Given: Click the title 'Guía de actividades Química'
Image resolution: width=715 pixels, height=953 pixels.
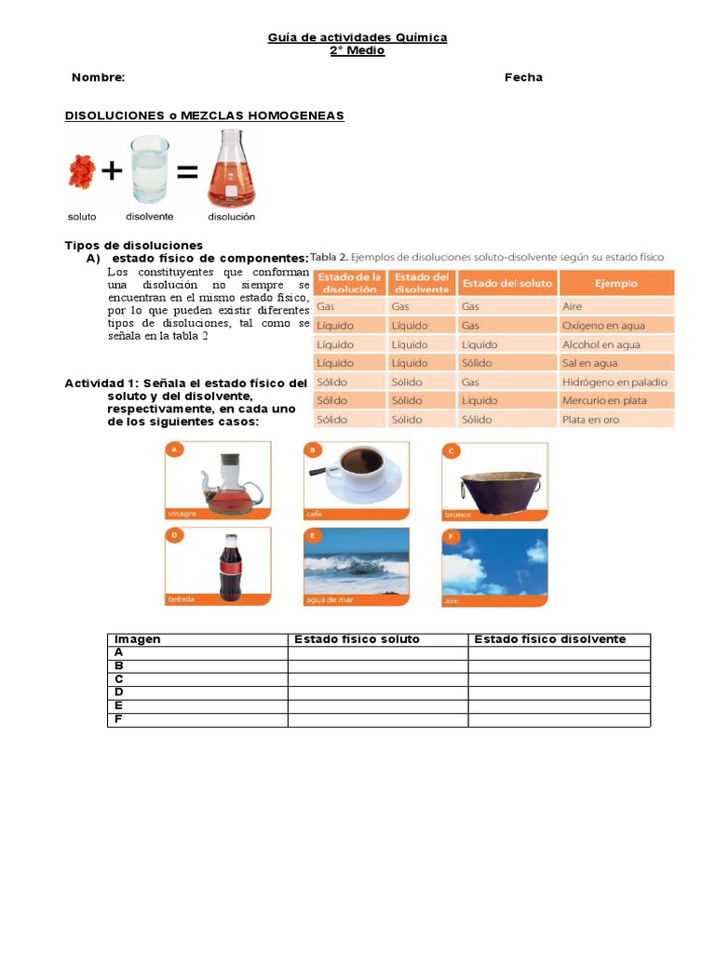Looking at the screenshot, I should click(x=357, y=37).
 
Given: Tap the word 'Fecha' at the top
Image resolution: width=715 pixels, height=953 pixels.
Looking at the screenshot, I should click(x=523, y=77).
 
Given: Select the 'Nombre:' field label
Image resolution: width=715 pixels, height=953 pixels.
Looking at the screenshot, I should click(x=98, y=77).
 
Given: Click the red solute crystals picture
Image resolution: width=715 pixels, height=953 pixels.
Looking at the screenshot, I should click(x=82, y=171).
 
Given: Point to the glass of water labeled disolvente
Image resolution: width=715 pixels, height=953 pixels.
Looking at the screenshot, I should click(x=150, y=169).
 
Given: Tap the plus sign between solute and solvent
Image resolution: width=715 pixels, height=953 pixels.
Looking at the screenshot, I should click(x=112, y=171).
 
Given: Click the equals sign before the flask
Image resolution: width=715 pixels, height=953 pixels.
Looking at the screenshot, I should click(x=187, y=172).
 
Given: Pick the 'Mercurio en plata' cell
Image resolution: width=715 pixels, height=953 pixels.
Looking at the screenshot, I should click(x=603, y=400).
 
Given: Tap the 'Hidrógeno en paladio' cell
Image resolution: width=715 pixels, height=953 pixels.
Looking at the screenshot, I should click(x=614, y=382).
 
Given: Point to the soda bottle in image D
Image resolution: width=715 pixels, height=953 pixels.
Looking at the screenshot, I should click(x=230, y=567).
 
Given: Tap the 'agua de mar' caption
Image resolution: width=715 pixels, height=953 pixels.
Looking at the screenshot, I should click(x=330, y=600).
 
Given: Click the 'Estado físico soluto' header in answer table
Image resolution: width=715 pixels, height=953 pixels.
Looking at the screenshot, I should click(x=357, y=639).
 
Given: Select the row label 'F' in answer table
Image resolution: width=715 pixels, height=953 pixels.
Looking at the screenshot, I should click(x=118, y=719).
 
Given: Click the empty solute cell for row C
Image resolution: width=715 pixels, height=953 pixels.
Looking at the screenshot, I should click(x=377, y=679).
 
